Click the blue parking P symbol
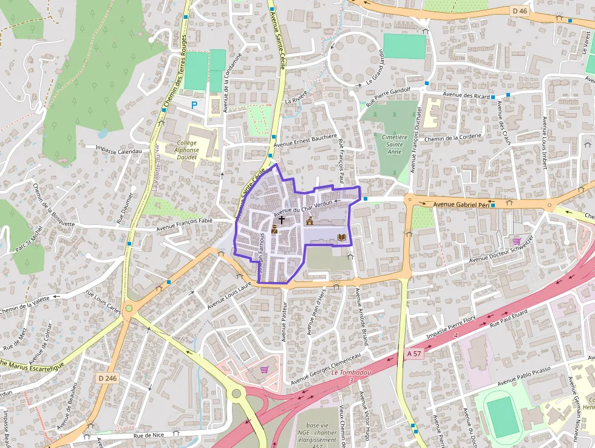point(194,105)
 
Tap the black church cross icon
point(282,218)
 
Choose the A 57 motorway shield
point(414,353)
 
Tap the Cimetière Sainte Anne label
point(395,144)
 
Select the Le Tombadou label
point(351,373)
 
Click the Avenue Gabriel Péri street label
point(461,205)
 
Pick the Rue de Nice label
point(149,435)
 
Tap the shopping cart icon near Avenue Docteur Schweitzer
point(517,241)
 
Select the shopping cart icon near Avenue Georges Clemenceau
point(264,369)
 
